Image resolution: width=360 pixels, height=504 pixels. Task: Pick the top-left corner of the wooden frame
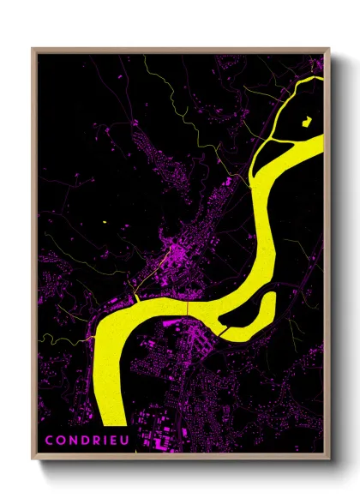tap(33, 49)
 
